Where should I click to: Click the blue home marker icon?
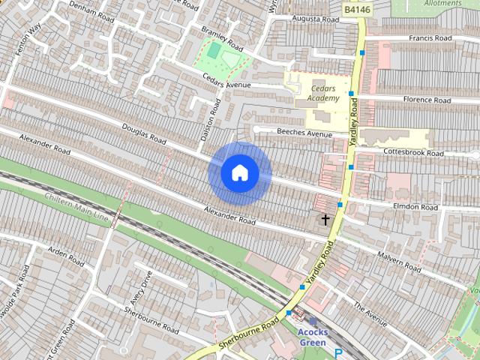(239, 173)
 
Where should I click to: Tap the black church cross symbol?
(325, 220)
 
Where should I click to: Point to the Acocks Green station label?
(312, 337)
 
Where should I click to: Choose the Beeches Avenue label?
(304, 134)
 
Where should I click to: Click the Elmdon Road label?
(414, 206)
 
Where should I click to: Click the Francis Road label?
(430, 37)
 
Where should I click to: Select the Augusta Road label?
(312, 16)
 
